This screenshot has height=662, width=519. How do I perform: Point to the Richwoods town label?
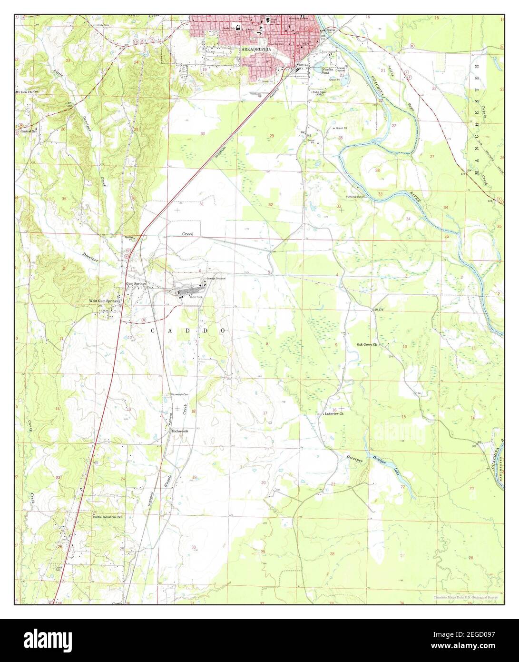point(180,431)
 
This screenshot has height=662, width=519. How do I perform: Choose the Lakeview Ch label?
point(333,414)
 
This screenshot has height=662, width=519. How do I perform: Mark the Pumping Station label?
point(355,196)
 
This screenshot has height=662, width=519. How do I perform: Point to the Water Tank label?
point(196,297)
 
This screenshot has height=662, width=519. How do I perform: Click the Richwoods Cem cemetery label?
point(180,394)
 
